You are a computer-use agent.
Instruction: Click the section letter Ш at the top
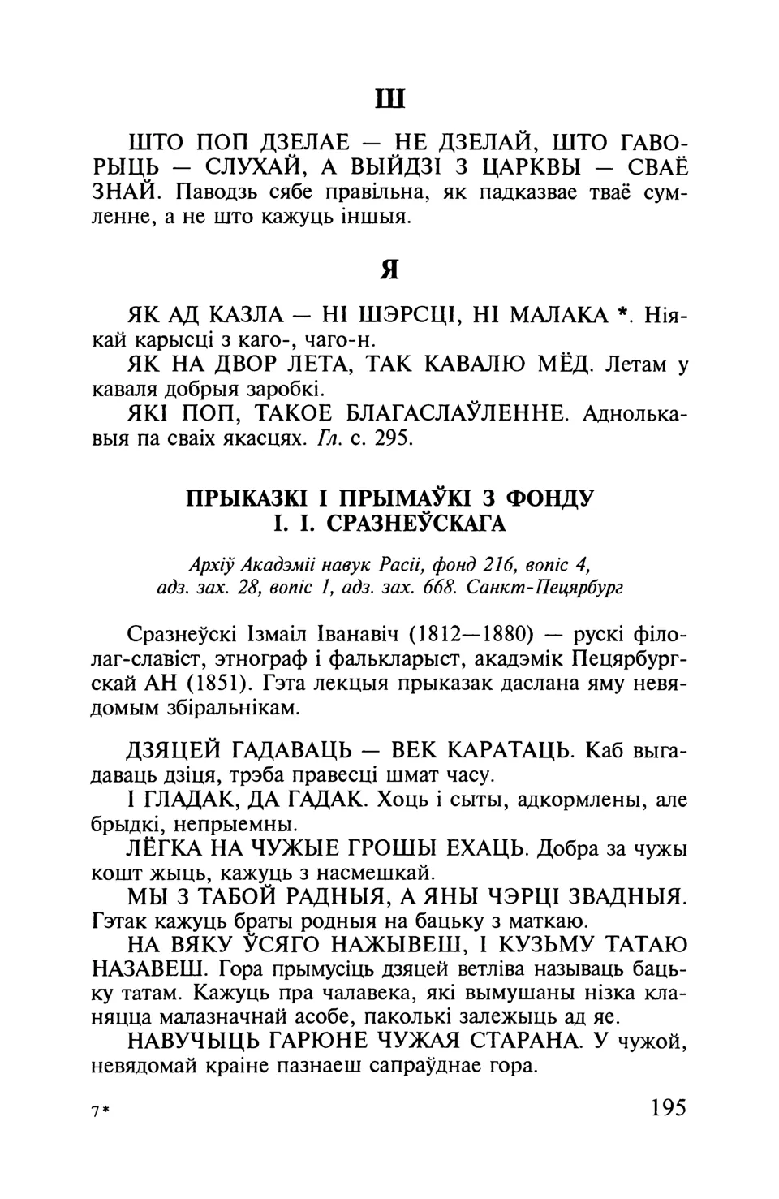(389, 99)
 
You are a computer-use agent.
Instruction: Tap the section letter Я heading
(389, 270)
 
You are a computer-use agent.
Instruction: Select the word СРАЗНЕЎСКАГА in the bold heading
(416, 524)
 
